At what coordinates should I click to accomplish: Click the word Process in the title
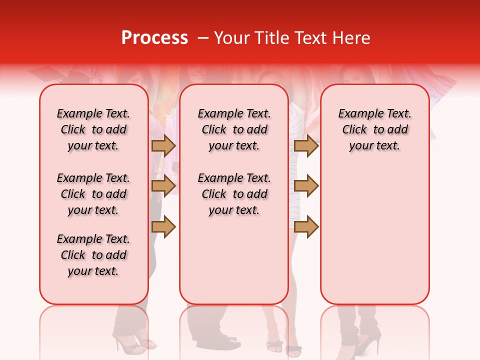[154, 38]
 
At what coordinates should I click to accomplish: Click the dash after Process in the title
[203, 38]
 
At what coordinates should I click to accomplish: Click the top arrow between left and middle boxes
[163, 145]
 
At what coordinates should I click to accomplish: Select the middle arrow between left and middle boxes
[163, 186]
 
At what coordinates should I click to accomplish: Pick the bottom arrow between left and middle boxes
[163, 226]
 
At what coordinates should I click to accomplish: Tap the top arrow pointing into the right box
[306, 145]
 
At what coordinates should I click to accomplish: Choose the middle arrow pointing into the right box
[306, 186]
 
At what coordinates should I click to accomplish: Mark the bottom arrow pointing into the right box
[306, 226]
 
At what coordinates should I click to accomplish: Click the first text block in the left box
[93, 129]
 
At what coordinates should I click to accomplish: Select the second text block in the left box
[93, 194]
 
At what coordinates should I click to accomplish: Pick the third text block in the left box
[93, 255]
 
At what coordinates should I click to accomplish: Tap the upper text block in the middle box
[234, 129]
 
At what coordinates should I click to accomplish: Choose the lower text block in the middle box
[234, 194]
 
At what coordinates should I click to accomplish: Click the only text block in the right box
[375, 129]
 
